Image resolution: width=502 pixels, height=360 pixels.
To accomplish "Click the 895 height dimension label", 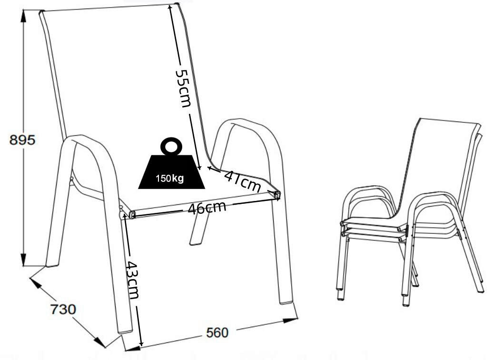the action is (x=22, y=140).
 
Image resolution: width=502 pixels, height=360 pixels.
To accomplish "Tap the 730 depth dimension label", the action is (x=63, y=310).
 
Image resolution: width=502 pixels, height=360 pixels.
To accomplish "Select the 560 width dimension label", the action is (x=217, y=333).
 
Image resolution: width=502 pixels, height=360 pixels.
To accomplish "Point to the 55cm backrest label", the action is (x=183, y=89).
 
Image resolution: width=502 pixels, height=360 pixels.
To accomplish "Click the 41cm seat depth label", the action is (x=242, y=181).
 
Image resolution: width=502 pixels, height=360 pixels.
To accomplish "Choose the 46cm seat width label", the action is (x=207, y=208).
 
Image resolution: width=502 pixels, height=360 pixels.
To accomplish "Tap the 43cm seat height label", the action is (x=132, y=280).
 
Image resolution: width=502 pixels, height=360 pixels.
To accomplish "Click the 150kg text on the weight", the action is (x=170, y=178).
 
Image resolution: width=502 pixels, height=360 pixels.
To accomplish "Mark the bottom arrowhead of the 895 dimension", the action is (x=23, y=260).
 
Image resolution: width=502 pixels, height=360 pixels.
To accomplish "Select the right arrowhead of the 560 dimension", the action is (x=291, y=320).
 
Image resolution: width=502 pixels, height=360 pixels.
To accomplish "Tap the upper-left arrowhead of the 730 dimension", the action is (x=35, y=283).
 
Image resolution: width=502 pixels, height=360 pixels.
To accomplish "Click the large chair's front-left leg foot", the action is (x=126, y=331).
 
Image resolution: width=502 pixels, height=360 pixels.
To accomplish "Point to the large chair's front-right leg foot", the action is (x=286, y=301).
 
